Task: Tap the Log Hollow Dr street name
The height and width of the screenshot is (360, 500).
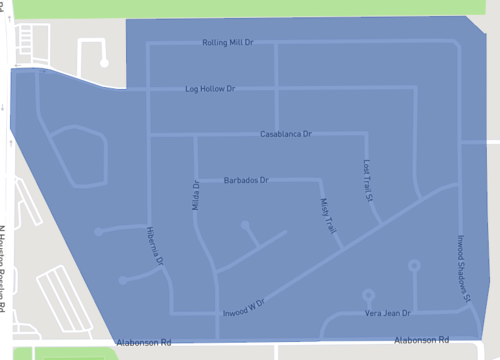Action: pos(210,89)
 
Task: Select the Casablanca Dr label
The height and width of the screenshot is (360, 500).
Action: pos(286,133)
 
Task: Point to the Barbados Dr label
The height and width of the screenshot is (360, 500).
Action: pos(246,180)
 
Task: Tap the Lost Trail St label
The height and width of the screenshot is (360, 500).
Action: pos(367,179)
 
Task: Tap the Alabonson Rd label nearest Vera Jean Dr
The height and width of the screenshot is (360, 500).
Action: pos(421,339)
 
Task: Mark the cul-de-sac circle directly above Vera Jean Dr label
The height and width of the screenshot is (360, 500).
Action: pos(369,295)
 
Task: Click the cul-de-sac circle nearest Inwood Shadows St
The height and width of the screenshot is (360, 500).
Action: pos(414,266)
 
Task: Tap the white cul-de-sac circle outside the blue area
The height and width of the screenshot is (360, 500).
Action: pos(105,62)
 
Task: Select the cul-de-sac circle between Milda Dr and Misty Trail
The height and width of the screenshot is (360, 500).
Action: pos(246,227)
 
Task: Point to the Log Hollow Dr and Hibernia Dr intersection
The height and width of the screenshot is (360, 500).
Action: pos(148,89)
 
